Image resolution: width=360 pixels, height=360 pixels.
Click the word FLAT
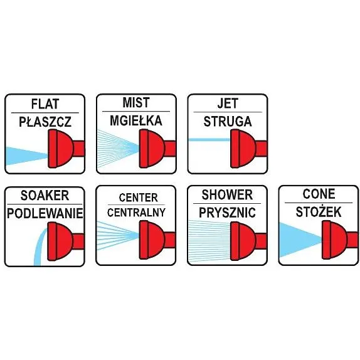(45, 103)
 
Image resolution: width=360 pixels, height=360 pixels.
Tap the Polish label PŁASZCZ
(45, 122)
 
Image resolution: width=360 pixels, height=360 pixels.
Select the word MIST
(136, 102)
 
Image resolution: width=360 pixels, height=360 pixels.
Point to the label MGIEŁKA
(136, 120)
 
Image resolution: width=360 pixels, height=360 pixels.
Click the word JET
(228, 103)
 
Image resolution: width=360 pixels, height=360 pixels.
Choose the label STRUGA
(228, 121)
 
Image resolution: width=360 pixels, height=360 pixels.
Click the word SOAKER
(45, 196)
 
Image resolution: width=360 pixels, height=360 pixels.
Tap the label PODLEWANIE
(45, 213)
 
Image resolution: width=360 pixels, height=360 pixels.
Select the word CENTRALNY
(136, 213)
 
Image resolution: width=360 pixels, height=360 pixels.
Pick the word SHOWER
(227, 194)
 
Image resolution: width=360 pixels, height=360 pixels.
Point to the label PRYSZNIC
(227, 213)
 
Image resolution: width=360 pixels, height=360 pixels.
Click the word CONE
(319, 194)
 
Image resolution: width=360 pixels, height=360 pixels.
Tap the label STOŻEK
(319, 211)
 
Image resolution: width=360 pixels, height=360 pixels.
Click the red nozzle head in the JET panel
(243, 149)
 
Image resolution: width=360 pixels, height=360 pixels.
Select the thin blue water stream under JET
(209, 140)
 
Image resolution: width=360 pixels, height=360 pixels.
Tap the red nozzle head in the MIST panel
(152, 149)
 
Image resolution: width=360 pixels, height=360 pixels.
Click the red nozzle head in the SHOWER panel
(243, 241)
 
